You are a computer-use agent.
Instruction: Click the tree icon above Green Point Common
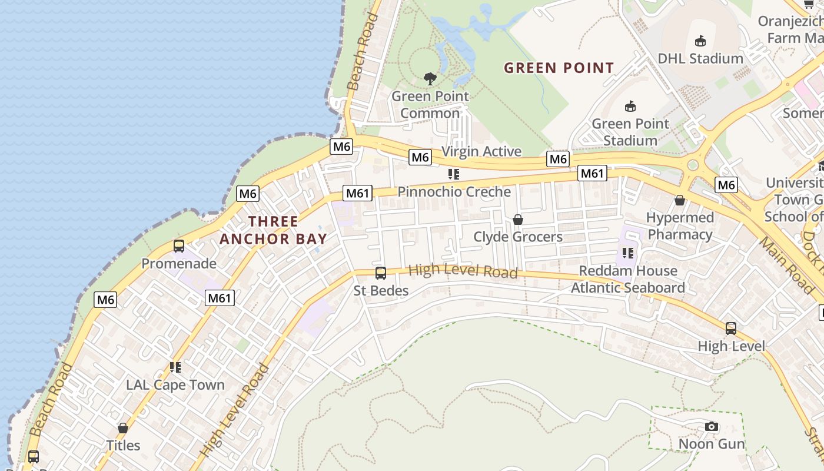coord(430,78)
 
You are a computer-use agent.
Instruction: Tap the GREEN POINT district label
coord(559,68)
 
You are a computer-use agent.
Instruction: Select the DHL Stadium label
coord(700,58)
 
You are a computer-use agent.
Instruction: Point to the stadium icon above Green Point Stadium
coord(630,106)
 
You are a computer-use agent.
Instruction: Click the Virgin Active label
coord(481,151)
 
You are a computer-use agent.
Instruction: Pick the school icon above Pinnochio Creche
coord(453,174)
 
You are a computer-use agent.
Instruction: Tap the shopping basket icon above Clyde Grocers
coord(518,220)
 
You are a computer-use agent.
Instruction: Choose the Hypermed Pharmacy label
coord(680,226)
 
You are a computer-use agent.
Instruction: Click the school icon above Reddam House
coord(628,253)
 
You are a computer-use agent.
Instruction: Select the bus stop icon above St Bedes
coord(381,273)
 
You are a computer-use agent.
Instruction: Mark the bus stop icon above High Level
coord(731,329)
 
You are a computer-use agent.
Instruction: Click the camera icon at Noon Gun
coord(712,426)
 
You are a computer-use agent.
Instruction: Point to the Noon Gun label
coord(712,443)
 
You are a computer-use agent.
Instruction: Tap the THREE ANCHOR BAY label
coord(273,230)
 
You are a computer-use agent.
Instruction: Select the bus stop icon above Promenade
coord(179,246)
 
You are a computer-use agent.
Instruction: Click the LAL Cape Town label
coord(175,385)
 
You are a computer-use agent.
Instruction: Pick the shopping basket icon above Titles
coord(123,428)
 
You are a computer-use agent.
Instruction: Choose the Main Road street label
coord(786,265)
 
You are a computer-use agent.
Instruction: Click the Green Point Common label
coord(430,104)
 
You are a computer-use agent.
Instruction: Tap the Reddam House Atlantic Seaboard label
coord(628,279)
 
